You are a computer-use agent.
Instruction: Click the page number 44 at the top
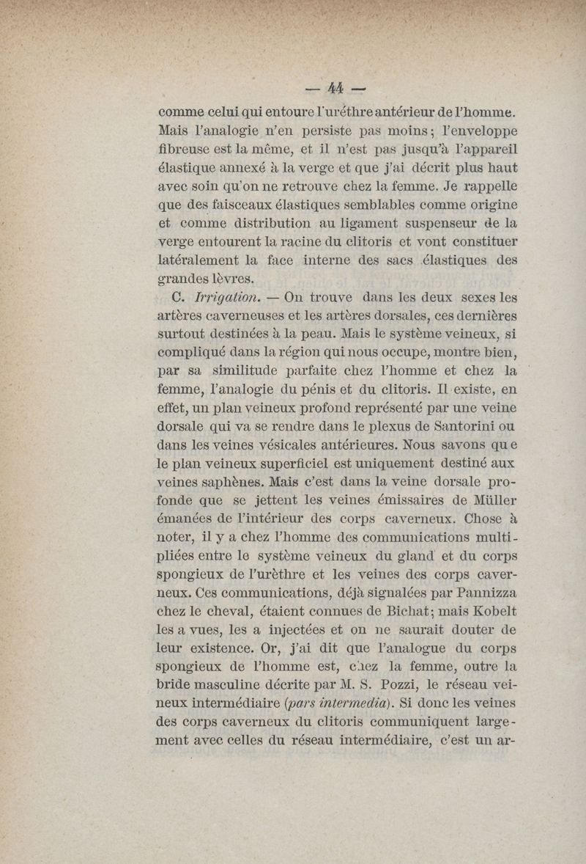click(336, 88)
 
